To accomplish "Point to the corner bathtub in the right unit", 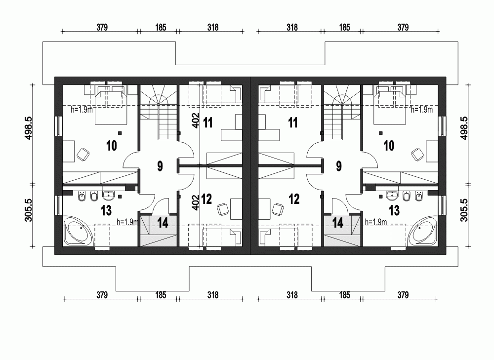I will [422, 231].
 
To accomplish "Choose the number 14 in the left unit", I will [163, 223].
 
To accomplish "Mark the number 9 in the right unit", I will [339, 166].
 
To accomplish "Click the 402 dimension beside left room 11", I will [195, 121].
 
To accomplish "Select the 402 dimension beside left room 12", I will [195, 202].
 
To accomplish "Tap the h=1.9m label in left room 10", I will [82, 110].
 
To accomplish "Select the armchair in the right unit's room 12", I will [278, 208].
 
